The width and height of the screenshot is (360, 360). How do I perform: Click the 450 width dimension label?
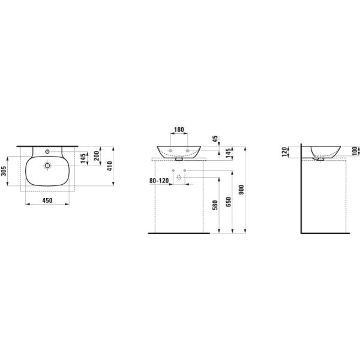pos(47,200)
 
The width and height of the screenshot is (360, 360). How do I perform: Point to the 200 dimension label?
pos(96,158)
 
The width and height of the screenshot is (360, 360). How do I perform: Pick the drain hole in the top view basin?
pos(47,165)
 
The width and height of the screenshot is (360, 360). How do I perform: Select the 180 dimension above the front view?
pos(179,130)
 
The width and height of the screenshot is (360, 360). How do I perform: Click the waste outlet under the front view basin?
pos(179,160)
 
